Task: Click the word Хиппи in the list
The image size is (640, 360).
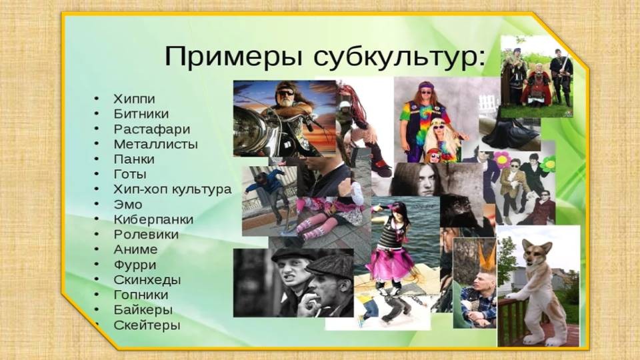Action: (x=134, y=99)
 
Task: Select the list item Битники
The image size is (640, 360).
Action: (x=141, y=114)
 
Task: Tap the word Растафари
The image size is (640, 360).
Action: (x=152, y=129)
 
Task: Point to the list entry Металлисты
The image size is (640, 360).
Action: (x=155, y=144)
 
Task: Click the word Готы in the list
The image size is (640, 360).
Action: (x=130, y=174)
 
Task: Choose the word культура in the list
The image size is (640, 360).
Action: (x=201, y=190)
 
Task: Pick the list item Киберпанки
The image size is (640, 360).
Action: (x=153, y=219)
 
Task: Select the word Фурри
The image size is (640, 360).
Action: (x=135, y=265)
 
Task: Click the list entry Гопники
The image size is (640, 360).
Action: (x=141, y=295)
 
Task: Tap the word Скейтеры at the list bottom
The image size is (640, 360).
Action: (x=147, y=325)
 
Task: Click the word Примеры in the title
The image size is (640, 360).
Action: (x=233, y=57)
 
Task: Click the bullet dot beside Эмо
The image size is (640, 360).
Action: (x=97, y=204)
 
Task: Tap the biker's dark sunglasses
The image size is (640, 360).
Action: (x=285, y=93)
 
